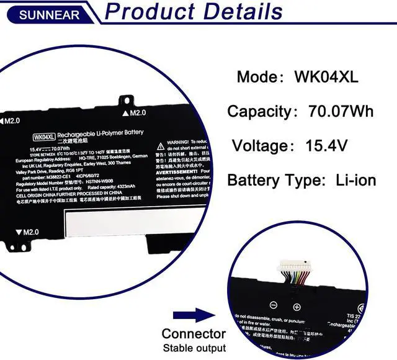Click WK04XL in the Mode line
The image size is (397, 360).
click(326, 78)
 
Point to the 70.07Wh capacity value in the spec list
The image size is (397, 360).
click(341, 112)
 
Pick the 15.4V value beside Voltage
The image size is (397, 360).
click(327, 146)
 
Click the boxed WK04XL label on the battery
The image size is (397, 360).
click(45, 137)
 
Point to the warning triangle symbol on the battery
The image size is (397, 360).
click(160, 142)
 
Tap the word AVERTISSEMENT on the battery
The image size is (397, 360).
click(177, 171)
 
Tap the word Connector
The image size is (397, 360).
click(194, 334)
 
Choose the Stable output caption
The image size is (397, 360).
click(194, 348)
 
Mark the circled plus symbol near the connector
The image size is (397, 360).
click(297, 307)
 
